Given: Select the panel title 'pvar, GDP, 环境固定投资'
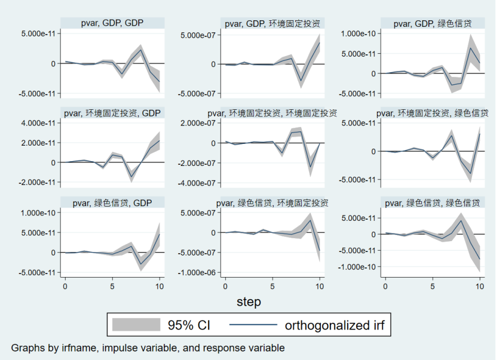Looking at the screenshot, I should (272, 23).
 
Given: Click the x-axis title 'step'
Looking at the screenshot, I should (249, 302).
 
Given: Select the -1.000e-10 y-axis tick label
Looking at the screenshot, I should (358, 266).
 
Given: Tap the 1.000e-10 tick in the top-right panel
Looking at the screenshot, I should (359, 33).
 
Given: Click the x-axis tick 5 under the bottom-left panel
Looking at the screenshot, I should (112, 286).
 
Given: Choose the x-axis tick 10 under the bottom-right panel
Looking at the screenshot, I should (479, 286).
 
